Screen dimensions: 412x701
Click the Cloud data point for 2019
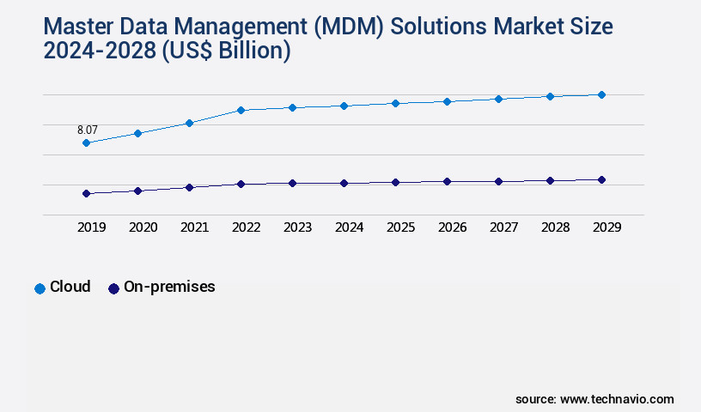coord(86,142)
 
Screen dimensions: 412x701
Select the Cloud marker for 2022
coord(241,110)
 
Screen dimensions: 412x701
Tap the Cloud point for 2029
coord(601,94)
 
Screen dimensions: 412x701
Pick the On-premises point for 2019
coord(86,194)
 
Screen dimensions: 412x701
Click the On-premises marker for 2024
coord(344,183)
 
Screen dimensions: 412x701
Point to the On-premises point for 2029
coord(601,179)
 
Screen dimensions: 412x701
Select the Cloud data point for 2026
coord(447,101)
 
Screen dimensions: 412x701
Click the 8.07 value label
coord(87,130)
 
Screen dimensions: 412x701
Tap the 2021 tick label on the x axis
coord(194,227)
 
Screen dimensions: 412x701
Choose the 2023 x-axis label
coord(297,227)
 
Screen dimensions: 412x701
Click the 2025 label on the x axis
coord(400,227)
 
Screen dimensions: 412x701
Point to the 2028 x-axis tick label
coord(555,227)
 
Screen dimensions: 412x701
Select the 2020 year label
coord(143,227)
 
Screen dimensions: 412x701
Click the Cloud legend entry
coord(70,287)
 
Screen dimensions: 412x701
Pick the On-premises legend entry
coord(169,287)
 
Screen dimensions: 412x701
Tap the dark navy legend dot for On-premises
coord(113,288)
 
